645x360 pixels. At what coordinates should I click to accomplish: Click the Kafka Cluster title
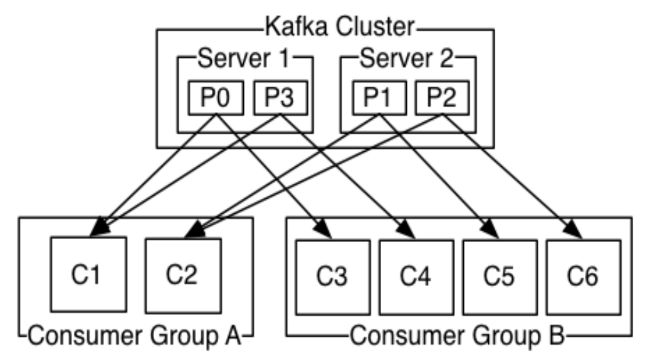[339, 27]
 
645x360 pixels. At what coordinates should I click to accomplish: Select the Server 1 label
[243, 58]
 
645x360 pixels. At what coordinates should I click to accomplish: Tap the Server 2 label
[406, 58]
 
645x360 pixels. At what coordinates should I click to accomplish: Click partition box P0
[216, 98]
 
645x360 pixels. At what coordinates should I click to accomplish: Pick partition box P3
[281, 98]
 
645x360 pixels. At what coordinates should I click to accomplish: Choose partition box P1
[379, 98]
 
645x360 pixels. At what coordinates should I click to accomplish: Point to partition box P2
[442, 98]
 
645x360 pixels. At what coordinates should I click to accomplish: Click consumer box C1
[88, 275]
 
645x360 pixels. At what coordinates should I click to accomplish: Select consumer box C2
[183, 276]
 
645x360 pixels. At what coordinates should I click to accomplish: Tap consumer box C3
[333, 278]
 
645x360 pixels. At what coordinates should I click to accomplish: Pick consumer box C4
[416, 278]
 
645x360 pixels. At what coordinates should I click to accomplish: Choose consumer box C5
[500, 278]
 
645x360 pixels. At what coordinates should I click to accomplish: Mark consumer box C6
[584, 278]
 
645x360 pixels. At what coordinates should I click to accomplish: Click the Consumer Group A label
[135, 336]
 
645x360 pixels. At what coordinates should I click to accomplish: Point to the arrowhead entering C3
[323, 229]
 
